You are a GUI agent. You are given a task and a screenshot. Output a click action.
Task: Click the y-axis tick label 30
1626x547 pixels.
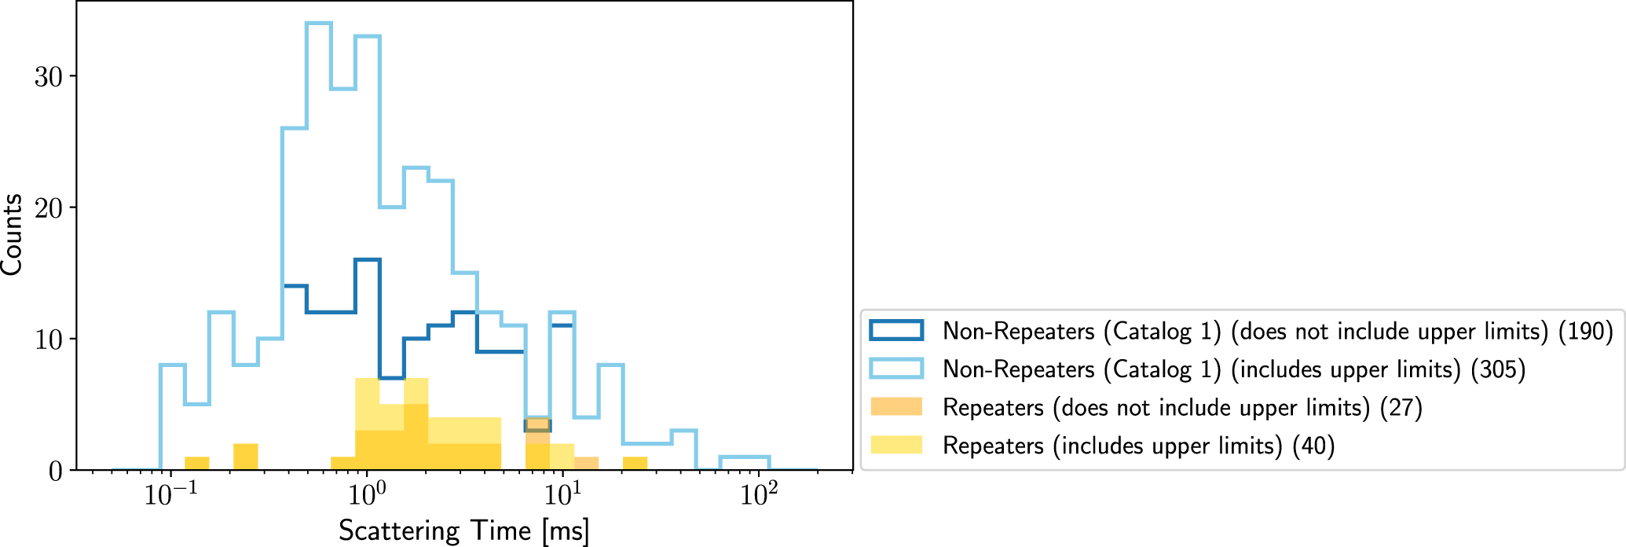[x=48, y=76]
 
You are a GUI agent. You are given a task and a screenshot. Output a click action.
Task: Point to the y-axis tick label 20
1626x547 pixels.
[x=48, y=208]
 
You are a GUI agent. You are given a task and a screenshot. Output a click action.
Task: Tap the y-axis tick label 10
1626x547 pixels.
[x=48, y=340]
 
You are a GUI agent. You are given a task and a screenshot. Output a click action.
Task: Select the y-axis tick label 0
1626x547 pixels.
[x=55, y=472]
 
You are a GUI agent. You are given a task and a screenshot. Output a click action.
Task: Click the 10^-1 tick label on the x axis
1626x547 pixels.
[x=170, y=495]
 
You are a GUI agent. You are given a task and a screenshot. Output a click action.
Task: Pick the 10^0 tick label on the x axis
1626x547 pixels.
[x=366, y=495]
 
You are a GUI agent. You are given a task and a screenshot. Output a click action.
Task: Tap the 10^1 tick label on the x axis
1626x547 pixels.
[x=562, y=495]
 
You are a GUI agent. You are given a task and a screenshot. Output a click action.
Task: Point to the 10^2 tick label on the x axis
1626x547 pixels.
[x=759, y=495]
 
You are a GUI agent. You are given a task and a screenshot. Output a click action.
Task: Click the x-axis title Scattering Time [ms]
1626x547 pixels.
[x=463, y=530]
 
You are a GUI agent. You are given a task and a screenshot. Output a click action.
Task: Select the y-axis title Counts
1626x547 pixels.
[x=13, y=234]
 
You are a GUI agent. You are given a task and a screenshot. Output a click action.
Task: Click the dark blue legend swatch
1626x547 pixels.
[x=896, y=330]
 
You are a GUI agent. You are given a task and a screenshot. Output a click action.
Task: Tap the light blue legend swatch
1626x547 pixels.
[x=896, y=369]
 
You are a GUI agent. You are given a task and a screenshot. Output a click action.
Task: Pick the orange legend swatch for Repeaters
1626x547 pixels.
[x=896, y=407]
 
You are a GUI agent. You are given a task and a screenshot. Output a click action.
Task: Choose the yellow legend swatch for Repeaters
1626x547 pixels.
[x=896, y=445]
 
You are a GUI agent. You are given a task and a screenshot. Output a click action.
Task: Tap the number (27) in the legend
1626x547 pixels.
[x=1401, y=408]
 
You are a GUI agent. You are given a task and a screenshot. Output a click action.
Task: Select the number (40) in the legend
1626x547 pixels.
[x=1313, y=446]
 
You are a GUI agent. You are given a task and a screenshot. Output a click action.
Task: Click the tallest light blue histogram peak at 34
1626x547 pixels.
[x=319, y=24]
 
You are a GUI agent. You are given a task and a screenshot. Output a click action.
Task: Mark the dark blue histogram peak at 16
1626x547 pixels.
[x=368, y=260]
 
